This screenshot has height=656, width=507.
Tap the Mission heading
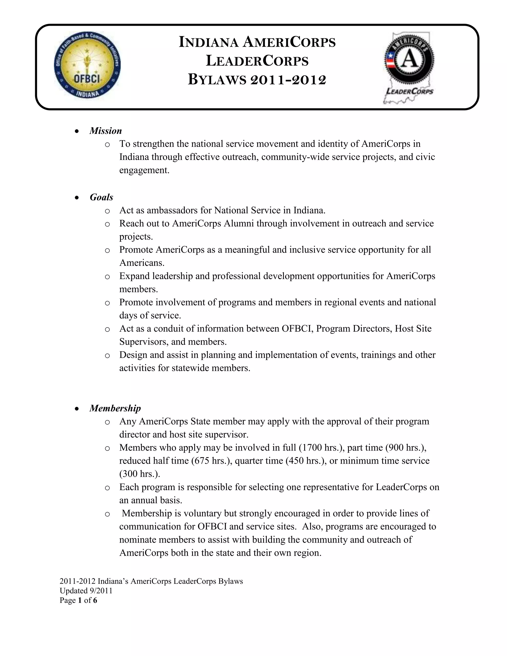click(106, 131)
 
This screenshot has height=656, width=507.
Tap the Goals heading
click(101, 197)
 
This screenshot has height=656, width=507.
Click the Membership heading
click(115, 408)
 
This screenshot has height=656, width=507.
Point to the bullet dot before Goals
click(77, 198)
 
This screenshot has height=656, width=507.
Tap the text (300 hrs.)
click(140, 474)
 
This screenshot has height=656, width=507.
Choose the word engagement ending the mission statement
click(144, 170)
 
